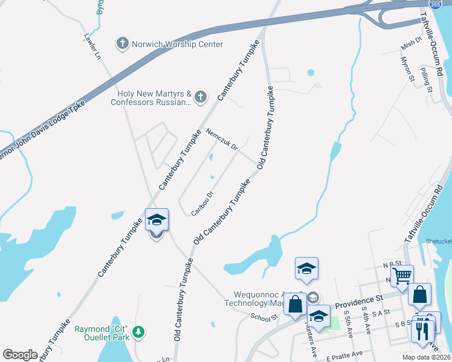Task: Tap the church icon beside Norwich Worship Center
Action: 123,43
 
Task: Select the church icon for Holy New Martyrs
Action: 201,97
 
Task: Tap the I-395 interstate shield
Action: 434,4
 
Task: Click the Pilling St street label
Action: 427,80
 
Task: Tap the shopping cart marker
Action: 402,276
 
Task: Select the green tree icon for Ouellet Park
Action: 139,331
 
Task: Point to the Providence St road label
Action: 359,298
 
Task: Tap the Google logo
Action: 21,355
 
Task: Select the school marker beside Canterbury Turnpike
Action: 157,220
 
